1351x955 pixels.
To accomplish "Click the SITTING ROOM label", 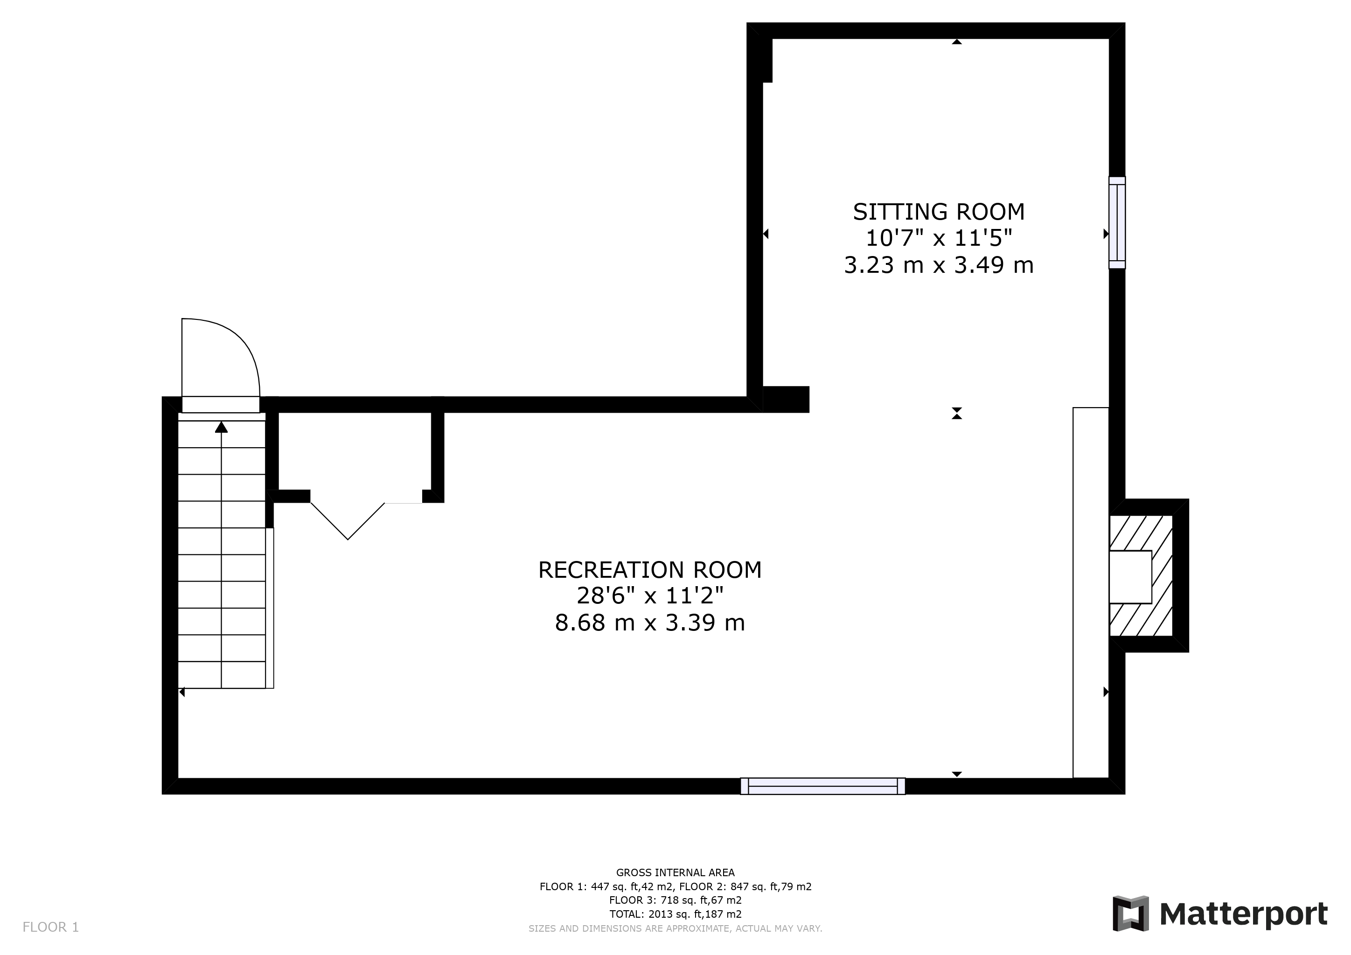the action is pyautogui.click(x=939, y=212).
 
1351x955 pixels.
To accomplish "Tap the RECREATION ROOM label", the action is pyautogui.click(x=650, y=570).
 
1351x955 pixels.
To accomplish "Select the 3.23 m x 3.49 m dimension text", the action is pyautogui.click(x=939, y=265).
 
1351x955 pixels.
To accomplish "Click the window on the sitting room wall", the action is pyautogui.click(x=1117, y=223).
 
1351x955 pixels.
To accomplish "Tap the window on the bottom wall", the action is pyautogui.click(x=822, y=786).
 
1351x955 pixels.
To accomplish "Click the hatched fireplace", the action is pyautogui.click(x=1141, y=576).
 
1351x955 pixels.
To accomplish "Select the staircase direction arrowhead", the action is pyautogui.click(x=221, y=427).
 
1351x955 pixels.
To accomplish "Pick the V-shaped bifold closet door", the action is pyautogui.click(x=348, y=521).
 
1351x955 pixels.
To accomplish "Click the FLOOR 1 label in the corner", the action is pyautogui.click(x=50, y=927).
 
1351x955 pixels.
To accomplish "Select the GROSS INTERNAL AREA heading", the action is pyautogui.click(x=675, y=872).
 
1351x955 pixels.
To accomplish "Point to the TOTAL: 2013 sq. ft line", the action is pyautogui.click(x=675, y=914).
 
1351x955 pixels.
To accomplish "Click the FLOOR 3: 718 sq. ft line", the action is pyautogui.click(x=675, y=900).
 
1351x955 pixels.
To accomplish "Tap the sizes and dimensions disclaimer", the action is pyautogui.click(x=675, y=928).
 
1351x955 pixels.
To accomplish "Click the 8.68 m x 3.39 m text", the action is pyautogui.click(x=650, y=623).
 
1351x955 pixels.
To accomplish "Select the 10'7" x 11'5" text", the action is pyautogui.click(x=939, y=238).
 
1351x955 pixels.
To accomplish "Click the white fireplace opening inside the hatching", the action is pyautogui.click(x=1130, y=577).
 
